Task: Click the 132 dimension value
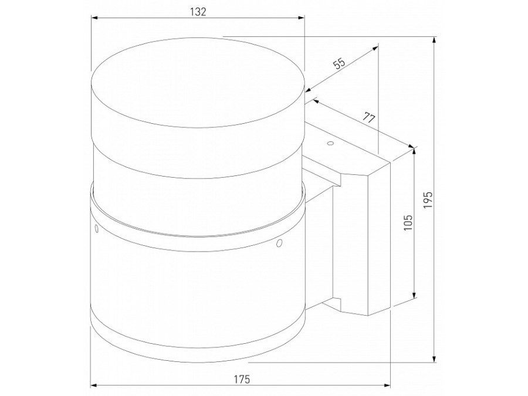[x=198, y=12]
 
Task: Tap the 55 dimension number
[x=340, y=63]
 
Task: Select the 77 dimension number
[x=369, y=118]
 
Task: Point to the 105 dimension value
[x=408, y=222]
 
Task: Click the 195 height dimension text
[x=428, y=199]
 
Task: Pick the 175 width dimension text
[x=242, y=379]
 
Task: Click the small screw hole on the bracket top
[x=330, y=144]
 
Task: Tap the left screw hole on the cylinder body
[x=96, y=229]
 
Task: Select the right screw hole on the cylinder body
[x=279, y=242]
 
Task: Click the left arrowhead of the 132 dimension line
[x=94, y=18]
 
